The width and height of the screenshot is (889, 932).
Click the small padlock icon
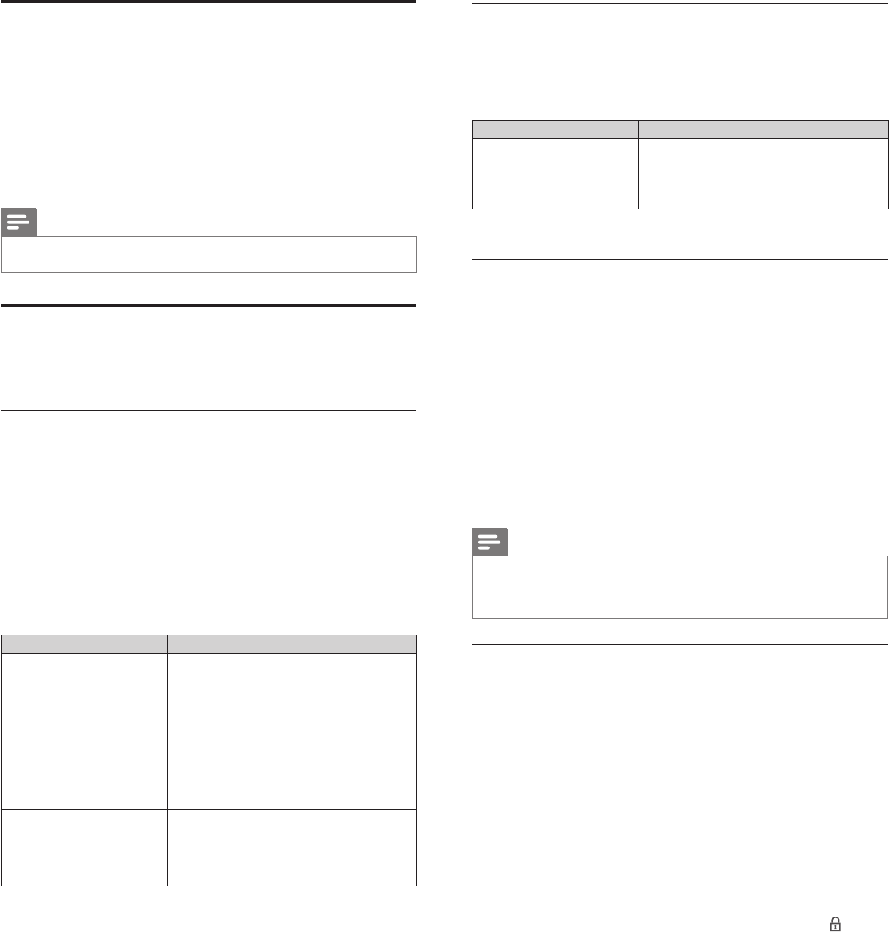[834, 924]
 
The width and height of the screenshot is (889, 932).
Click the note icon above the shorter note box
[19, 222]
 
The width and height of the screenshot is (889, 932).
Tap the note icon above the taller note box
[489, 542]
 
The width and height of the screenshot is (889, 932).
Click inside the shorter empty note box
[209, 254]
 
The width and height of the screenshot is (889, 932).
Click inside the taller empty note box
[680, 587]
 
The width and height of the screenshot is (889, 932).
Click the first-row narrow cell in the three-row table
[84, 698]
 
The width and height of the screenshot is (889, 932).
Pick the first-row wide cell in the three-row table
[292, 698]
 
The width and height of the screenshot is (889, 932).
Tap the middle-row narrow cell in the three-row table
[84, 777]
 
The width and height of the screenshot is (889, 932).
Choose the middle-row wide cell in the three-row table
[292, 777]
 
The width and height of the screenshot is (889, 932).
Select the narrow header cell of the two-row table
[555, 130]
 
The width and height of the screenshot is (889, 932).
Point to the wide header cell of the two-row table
[763, 130]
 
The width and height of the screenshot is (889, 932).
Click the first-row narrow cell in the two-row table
[555, 156]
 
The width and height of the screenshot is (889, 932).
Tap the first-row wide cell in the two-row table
[763, 156]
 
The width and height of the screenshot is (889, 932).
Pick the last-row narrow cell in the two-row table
[555, 191]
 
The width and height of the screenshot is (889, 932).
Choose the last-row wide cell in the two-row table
[763, 191]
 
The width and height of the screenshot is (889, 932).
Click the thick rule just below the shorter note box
[209, 306]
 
